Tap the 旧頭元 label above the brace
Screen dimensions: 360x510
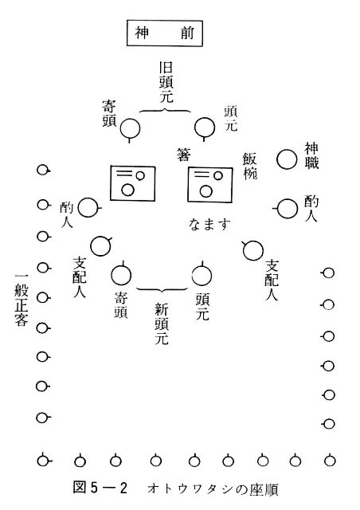(x=166, y=82)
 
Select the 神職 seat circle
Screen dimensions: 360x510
(x=287, y=159)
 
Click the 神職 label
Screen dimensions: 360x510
(x=311, y=155)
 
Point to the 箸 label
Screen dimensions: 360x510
(x=184, y=155)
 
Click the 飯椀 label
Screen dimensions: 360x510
(x=250, y=166)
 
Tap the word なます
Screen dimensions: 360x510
(x=209, y=225)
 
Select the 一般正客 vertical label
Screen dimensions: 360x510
(x=22, y=300)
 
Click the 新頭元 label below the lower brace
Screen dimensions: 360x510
(x=162, y=323)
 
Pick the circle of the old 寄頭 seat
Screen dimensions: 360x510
(x=130, y=129)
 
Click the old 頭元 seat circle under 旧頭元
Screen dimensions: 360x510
(x=205, y=127)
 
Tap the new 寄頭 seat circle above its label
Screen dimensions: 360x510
(x=121, y=275)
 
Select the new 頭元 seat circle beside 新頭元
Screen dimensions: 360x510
(x=202, y=275)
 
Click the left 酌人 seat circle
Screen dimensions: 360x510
(x=88, y=207)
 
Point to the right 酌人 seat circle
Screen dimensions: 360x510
(x=288, y=209)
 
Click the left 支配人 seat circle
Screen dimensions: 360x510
(x=100, y=246)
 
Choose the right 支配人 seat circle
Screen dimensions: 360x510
(x=253, y=250)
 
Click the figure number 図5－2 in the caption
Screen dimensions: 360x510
(x=100, y=488)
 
